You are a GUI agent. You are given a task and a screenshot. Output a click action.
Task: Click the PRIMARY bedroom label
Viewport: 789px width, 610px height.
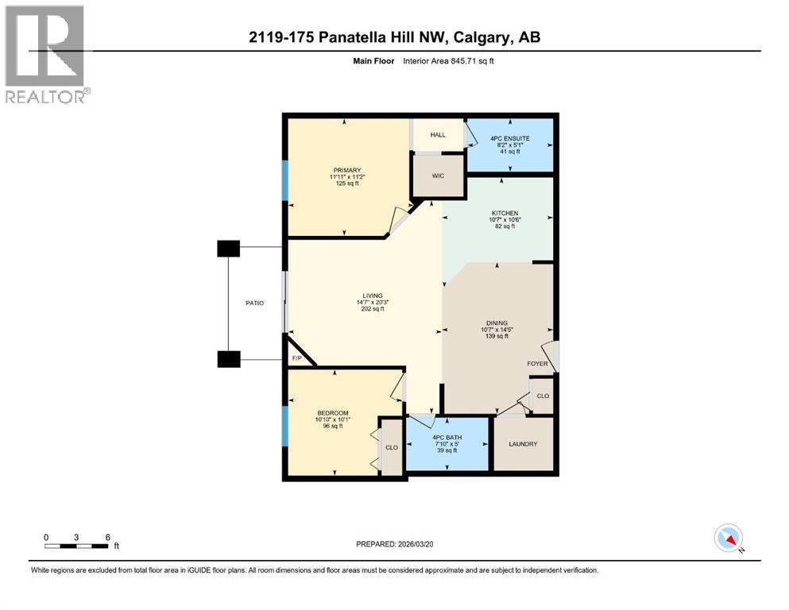pyautogui.click(x=347, y=170)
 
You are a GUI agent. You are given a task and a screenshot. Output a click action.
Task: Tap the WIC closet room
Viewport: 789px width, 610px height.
pyautogui.click(x=436, y=176)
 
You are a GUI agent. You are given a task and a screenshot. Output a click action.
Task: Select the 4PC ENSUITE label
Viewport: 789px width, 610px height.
pyautogui.click(x=509, y=139)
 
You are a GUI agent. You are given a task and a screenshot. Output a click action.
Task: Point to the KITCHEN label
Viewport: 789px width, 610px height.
pyautogui.click(x=505, y=213)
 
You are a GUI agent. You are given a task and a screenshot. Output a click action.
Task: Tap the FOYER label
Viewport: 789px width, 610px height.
pyautogui.click(x=538, y=364)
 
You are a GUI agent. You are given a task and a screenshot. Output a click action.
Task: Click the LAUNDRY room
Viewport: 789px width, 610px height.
pyautogui.click(x=524, y=444)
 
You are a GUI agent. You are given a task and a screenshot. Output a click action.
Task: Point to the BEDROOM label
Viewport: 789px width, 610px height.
pyautogui.click(x=333, y=413)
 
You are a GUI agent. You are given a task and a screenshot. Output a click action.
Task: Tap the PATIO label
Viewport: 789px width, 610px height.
pyautogui.click(x=254, y=303)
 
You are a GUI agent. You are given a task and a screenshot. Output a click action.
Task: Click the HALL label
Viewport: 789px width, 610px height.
pyautogui.click(x=438, y=135)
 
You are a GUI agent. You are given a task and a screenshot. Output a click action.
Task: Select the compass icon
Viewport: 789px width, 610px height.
pyautogui.click(x=728, y=538)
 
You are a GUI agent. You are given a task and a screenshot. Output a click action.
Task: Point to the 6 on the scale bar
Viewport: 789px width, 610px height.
pyautogui.click(x=107, y=536)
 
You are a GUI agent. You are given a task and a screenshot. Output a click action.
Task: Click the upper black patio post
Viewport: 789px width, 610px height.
pyautogui.click(x=228, y=249)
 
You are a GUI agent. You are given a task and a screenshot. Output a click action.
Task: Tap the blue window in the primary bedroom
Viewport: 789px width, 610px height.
pyautogui.click(x=284, y=183)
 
